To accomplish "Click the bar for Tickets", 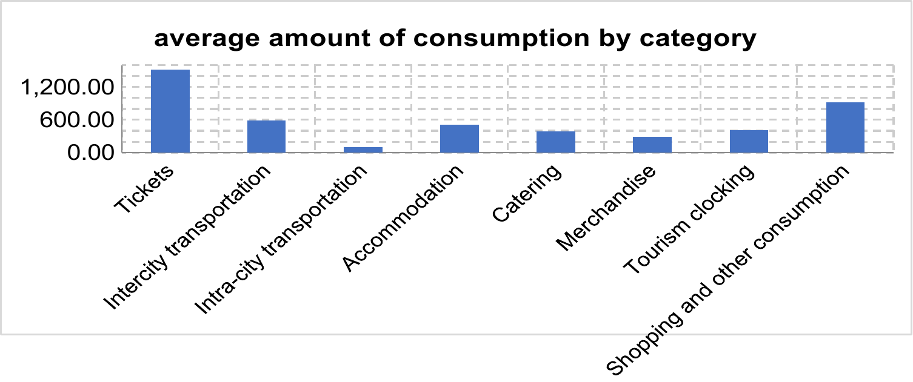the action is [170, 111].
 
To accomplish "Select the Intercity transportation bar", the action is [267, 136].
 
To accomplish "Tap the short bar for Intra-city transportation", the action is [363, 150].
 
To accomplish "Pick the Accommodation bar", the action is [460, 139].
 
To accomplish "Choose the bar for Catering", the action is [556, 142].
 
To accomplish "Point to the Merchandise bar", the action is [652, 145].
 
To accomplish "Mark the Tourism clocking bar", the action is [749, 142].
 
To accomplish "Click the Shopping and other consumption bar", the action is [845, 127].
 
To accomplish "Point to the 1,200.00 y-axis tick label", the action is [67, 87].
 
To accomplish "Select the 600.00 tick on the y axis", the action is [76, 120].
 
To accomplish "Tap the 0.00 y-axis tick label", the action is [91, 153].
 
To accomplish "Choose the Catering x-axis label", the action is [527, 193].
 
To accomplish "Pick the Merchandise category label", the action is [606, 208].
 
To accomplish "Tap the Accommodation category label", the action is [403, 218].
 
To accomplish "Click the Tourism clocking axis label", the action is [689, 219].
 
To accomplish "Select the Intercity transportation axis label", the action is [187, 237].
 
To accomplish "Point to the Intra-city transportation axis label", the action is [281, 240].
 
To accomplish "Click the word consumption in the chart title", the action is [501, 39].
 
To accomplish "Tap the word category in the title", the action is [698, 39].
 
